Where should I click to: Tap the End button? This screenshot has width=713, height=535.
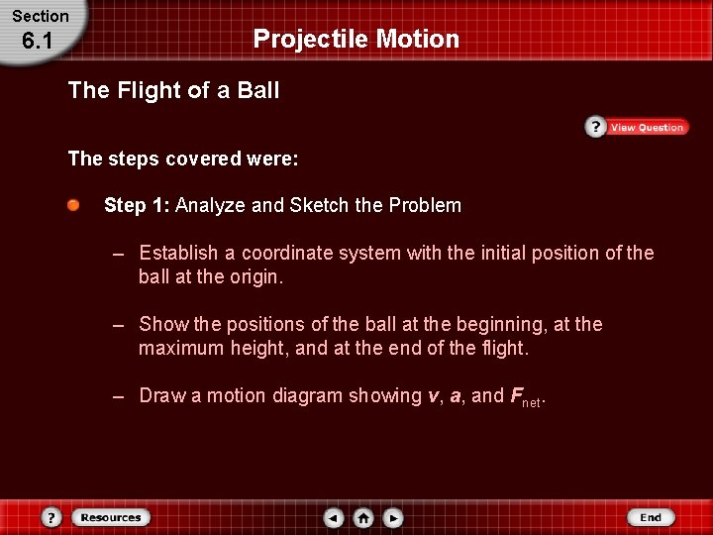650,517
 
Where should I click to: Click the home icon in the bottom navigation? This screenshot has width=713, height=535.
363,518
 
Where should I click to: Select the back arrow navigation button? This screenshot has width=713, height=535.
334,518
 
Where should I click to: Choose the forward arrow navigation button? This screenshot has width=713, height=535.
393,518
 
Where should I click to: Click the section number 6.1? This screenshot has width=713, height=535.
39,43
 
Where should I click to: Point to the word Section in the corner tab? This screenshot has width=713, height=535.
41,16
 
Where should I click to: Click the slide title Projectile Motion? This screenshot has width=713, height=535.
356,39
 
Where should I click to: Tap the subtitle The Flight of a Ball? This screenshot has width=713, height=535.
173,91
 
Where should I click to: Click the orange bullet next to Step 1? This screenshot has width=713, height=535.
74,205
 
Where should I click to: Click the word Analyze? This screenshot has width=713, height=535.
211,205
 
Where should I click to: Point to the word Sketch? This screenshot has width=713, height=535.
321,205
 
